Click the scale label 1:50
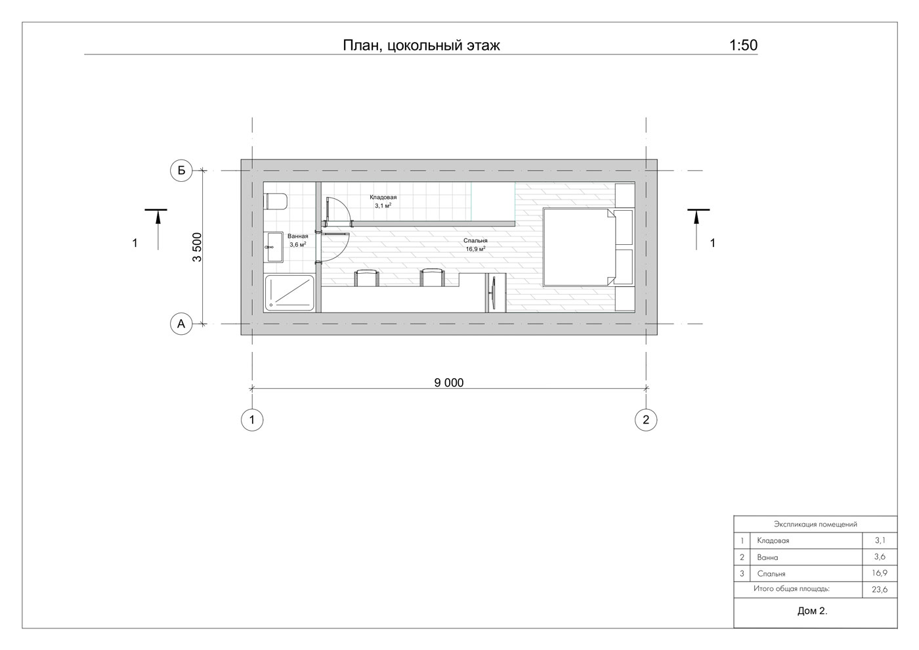(743, 45)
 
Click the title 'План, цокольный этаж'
(421, 45)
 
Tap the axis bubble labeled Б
(181, 170)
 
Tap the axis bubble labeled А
(181, 324)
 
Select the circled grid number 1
(252, 420)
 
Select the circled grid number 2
(646, 420)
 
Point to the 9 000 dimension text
(449, 382)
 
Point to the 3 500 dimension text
(198, 247)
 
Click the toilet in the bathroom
(275, 201)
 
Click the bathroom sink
(273, 247)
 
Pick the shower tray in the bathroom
(289, 293)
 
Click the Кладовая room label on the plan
(383, 198)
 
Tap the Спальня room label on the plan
(475, 241)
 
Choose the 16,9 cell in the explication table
(880, 573)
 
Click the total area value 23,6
(880, 590)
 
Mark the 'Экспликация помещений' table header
(815, 524)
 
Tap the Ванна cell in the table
(767, 557)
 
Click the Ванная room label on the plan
(297, 236)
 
